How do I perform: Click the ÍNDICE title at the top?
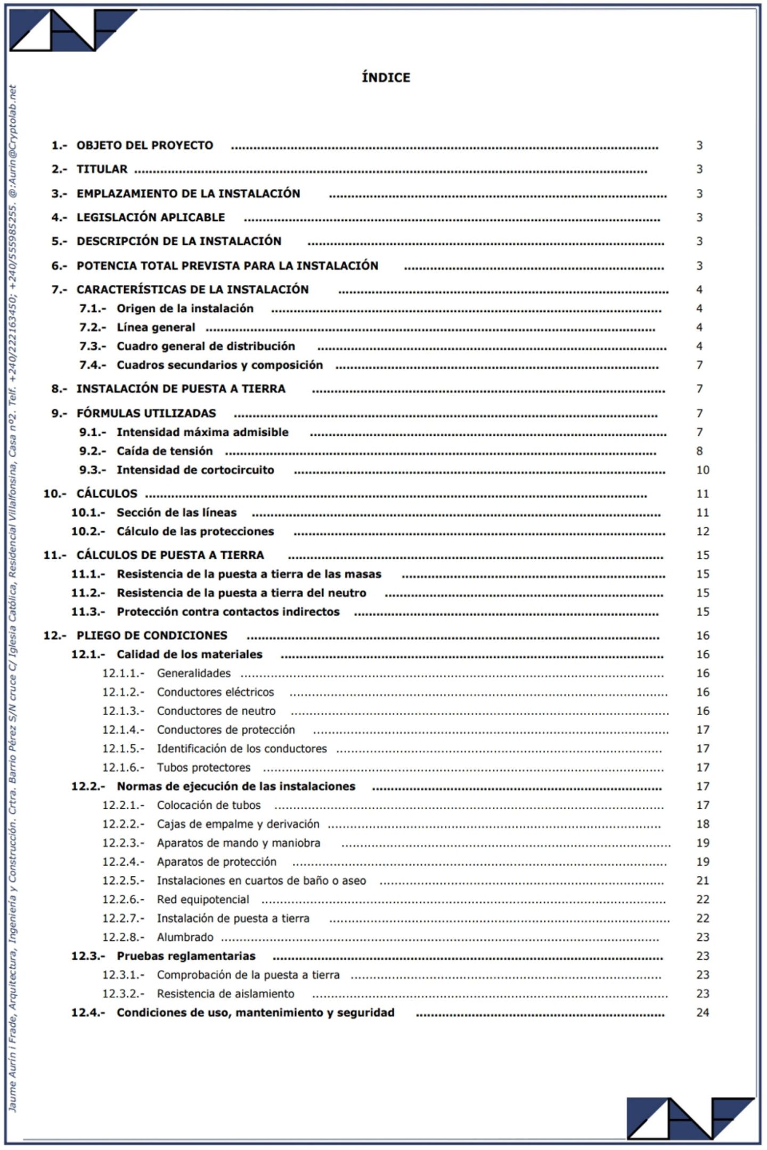tap(386, 78)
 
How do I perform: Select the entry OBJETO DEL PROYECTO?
tap(144, 145)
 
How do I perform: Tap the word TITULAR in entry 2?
tap(102, 169)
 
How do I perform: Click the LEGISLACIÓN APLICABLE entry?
tap(151, 217)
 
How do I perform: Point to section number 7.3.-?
tap(93, 347)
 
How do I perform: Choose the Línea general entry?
tap(156, 327)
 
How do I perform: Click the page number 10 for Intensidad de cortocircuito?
tap(703, 470)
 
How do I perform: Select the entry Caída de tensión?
tap(165, 451)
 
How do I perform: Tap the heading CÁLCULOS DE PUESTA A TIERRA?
tap(170, 555)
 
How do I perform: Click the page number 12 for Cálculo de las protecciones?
tap(703, 531)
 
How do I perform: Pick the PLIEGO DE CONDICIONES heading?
tap(152, 636)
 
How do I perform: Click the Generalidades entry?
tap(193, 673)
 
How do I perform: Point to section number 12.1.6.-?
tap(123, 768)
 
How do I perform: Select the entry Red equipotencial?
tap(202, 900)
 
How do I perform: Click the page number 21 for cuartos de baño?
tap(703, 881)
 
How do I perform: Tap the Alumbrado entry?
tap(185, 937)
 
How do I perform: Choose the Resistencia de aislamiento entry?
tap(225, 993)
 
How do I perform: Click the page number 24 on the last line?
tap(703, 1013)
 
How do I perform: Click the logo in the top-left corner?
tap(72, 30)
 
